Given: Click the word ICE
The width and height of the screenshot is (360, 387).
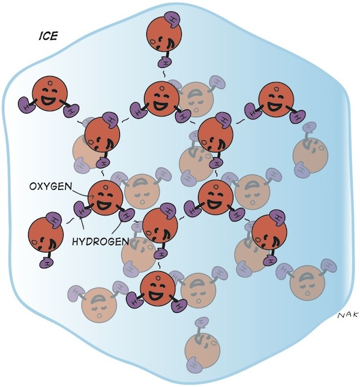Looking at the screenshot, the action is [49, 36].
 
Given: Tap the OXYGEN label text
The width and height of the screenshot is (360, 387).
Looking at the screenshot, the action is [50, 186].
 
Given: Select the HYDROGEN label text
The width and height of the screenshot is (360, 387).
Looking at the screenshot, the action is [101, 241].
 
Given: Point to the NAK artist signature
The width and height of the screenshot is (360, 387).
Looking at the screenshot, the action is [347, 315].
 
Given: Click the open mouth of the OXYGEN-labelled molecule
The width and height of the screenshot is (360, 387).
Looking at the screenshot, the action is [104, 205].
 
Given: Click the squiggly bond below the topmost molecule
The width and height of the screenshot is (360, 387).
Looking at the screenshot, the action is [164, 74].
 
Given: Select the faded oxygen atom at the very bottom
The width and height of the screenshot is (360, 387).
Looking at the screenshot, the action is [202, 350].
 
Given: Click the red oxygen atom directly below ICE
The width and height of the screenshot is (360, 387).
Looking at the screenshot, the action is [50, 94].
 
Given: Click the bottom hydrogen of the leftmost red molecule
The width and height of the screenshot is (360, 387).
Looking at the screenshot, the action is [47, 262].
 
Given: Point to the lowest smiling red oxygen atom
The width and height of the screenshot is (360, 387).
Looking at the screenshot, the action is [158, 288].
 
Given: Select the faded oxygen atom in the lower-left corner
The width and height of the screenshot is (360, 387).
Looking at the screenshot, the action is [99, 305].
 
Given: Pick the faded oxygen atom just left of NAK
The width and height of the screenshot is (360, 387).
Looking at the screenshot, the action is [307, 283].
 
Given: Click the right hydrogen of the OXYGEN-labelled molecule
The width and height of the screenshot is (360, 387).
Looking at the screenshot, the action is [127, 214].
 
